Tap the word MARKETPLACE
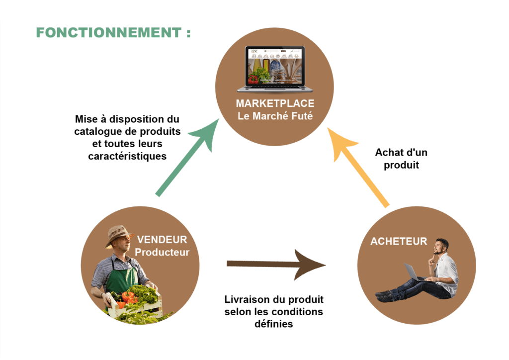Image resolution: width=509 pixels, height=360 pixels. point(275,103)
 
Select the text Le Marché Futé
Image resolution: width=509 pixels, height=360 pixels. point(275,117)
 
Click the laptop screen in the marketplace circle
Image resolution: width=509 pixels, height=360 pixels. point(275,67)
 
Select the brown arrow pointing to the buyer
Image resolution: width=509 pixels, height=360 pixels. point(276,264)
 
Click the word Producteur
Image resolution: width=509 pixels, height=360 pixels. point(163,252)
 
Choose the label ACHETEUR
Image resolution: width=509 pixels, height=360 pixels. point(399,242)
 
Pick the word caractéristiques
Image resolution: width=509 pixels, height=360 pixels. point(127,156)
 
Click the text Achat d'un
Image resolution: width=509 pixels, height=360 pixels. point(401,153)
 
